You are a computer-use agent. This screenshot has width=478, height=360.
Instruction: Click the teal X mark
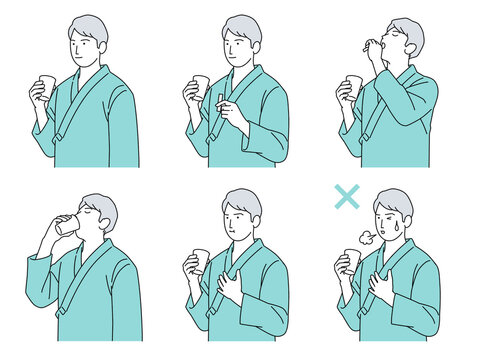point(346,196)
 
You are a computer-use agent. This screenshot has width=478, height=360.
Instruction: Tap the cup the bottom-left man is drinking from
point(67,226)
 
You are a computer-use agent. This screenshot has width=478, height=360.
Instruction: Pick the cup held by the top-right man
point(353,87)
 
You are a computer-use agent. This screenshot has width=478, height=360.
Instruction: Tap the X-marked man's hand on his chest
point(382,287)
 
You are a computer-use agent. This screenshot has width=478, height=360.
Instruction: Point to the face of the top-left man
point(86,45)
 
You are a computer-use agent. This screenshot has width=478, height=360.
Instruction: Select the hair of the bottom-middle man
point(243,201)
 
